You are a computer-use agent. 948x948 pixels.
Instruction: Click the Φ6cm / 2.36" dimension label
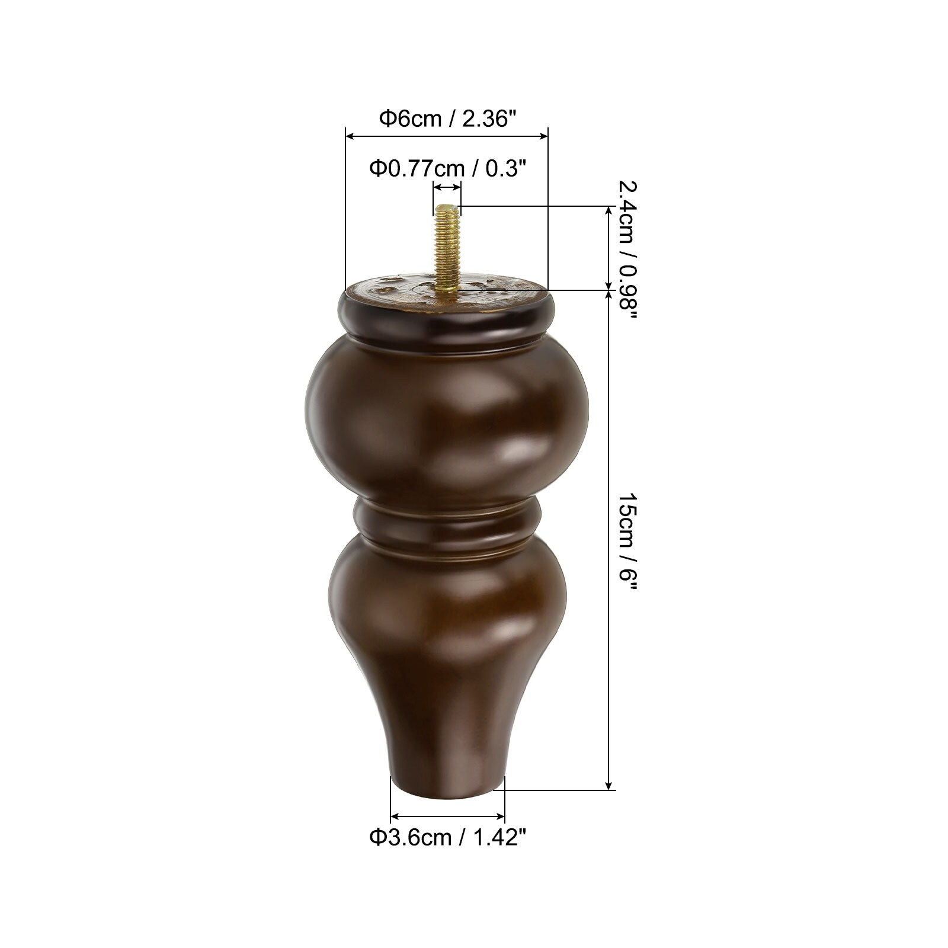coord(444,118)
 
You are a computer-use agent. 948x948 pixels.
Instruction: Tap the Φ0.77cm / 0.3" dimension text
coord(448,168)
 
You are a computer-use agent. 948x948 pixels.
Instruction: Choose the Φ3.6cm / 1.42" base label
coord(448,838)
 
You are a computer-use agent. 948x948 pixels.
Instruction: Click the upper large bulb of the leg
coord(447,418)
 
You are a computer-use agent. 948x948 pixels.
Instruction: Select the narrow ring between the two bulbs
coord(447,519)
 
